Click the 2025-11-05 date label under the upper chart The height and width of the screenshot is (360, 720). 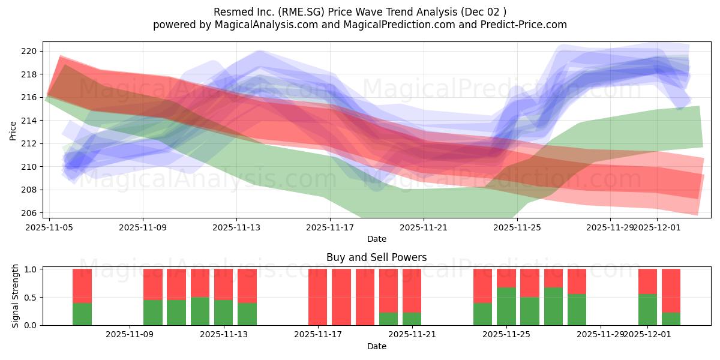(49, 227)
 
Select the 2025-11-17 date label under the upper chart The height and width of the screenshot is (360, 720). (329, 227)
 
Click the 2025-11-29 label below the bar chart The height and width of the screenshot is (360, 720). (601, 335)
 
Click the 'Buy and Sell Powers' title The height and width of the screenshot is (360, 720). (376, 257)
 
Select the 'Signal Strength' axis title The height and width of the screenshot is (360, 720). (16, 296)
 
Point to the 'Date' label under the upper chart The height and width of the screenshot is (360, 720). (376, 239)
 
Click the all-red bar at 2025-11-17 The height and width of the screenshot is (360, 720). (318, 297)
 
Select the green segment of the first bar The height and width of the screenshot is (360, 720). (82, 314)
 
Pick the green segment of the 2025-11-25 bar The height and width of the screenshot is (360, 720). (506, 306)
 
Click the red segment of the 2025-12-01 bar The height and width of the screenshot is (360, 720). (647, 281)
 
